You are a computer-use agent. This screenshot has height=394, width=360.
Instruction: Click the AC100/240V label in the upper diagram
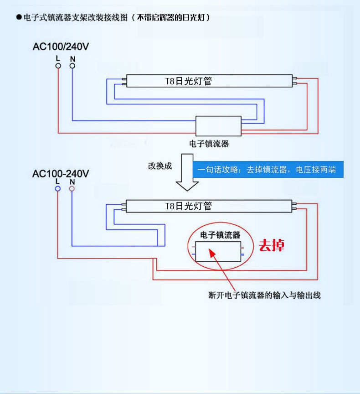(60, 47)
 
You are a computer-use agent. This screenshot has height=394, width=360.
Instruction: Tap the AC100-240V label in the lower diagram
(61, 173)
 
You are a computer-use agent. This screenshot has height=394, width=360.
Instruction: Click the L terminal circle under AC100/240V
(58, 66)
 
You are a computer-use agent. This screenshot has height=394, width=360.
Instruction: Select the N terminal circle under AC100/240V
(72, 66)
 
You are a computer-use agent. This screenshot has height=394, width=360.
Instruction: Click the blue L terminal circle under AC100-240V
(57, 188)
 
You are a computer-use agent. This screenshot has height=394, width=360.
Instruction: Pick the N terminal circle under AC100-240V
(72, 188)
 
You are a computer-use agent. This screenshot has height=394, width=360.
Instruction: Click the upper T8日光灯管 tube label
(188, 82)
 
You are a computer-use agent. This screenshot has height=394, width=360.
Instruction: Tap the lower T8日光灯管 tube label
(188, 206)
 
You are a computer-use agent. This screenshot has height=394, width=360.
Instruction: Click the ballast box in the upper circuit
(218, 125)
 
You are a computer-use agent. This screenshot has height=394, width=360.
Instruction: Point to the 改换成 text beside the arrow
(160, 166)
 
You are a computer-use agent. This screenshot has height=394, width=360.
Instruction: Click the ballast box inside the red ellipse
(217, 251)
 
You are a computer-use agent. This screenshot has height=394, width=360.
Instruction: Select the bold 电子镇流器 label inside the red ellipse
(220, 235)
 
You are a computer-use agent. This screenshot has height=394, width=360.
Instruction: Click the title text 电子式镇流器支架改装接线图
(75, 17)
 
